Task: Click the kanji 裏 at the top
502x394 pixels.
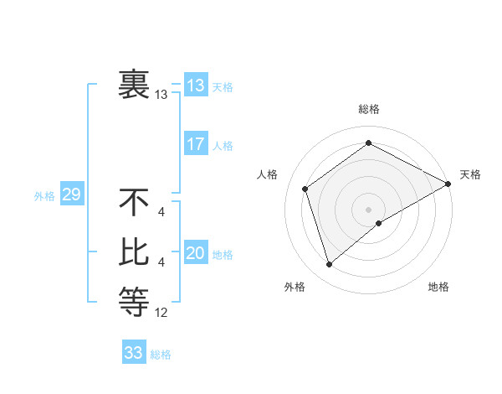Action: click(134, 84)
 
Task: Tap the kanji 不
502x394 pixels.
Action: click(134, 203)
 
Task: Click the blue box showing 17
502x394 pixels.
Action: click(195, 144)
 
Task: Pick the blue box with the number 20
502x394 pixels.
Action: click(195, 254)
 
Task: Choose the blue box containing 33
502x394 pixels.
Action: click(133, 353)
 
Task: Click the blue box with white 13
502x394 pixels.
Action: click(195, 86)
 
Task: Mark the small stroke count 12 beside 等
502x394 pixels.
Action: click(161, 313)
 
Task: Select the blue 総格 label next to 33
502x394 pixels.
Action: click(161, 355)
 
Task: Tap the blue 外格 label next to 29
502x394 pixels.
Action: click(44, 196)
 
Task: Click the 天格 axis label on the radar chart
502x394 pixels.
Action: click(470, 174)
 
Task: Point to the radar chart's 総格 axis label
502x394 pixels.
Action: click(369, 109)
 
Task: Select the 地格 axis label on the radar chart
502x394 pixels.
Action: click(438, 287)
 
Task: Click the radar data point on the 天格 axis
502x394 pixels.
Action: click(448, 184)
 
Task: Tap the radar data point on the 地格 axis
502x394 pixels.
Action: click(379, 223)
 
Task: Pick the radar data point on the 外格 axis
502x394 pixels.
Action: click(329, 265)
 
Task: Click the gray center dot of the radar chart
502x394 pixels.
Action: click(369, 209)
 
